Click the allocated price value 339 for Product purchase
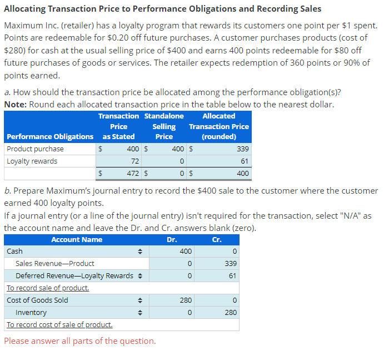tap(242, 149)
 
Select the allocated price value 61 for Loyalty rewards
tap(245, 161)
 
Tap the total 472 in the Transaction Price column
tap(132, 174)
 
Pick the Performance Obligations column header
tap(50, 136)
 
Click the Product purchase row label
tap(35, 149)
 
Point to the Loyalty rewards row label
tap(32, 161)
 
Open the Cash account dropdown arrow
tap(141, 251)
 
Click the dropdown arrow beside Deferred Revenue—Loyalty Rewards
tap(141, 276)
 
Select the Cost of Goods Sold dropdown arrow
tap(141, 300)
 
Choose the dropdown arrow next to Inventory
tap(141, 313)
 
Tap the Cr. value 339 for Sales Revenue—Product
tap(231, 264)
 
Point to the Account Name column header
tap(77, 240)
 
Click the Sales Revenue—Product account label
tap(55, 264)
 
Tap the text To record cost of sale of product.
tap(59, 324)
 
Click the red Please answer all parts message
tap(79, 341)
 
